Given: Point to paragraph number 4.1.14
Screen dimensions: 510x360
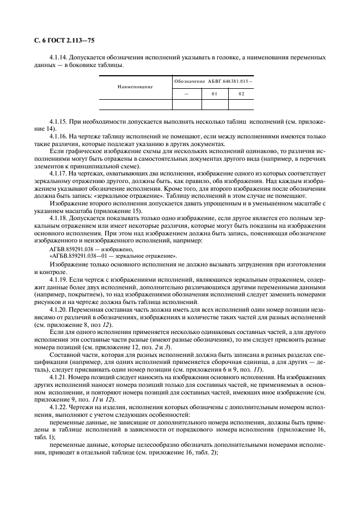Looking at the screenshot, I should (58, 57).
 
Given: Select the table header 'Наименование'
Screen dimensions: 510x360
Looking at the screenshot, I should (135, 87).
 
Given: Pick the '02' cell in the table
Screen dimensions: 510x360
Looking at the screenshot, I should (242, 93).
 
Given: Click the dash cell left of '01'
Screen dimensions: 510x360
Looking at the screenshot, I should (186, 93).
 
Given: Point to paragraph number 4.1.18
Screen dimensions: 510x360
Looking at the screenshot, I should (58, 217).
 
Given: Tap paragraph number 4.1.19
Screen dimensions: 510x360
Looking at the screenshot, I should (58, 278).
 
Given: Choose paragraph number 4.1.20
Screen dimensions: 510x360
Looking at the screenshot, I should (58, 309).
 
